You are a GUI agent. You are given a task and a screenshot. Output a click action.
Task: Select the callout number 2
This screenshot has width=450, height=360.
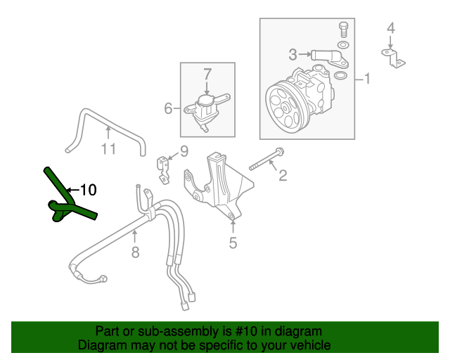click(x=283, y=175)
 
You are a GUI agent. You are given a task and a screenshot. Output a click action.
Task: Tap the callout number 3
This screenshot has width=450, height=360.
click(x=292, y=53)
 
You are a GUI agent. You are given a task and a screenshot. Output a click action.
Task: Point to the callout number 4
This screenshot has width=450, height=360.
click(x=391, y=28)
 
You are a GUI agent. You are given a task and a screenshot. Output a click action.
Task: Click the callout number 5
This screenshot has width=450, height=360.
click(x=232, y=243)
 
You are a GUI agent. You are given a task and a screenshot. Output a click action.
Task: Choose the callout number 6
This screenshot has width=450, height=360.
click(x=168, y=108)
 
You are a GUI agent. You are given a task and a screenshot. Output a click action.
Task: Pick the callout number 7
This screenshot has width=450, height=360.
click(x=207, y=72)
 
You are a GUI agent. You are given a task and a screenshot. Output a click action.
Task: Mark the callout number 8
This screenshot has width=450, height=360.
click(x=136, y=252)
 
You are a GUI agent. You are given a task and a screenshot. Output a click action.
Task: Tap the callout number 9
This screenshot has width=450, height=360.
click(x=184, y=150)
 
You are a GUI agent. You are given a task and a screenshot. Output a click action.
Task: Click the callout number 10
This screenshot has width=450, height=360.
click(x=87, y=189)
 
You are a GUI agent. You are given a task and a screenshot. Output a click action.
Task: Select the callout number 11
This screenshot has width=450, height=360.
click(x=108, y=148)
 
